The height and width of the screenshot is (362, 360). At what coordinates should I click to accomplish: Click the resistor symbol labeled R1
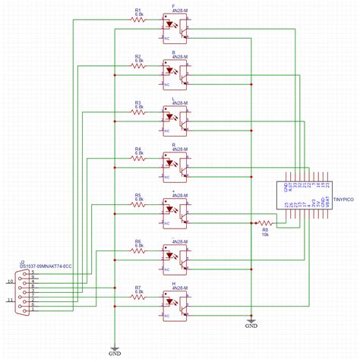138,20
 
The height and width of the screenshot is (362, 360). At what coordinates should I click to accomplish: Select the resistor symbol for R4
138,158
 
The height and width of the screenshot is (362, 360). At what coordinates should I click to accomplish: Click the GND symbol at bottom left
115,351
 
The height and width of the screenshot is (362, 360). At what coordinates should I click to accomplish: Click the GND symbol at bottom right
251,326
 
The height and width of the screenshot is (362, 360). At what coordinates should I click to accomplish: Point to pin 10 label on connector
10,282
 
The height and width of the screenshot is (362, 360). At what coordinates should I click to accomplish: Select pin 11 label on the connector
10,301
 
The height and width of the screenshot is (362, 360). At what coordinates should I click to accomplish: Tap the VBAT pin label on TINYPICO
325,203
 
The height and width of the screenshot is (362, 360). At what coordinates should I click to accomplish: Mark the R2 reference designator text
137,56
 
